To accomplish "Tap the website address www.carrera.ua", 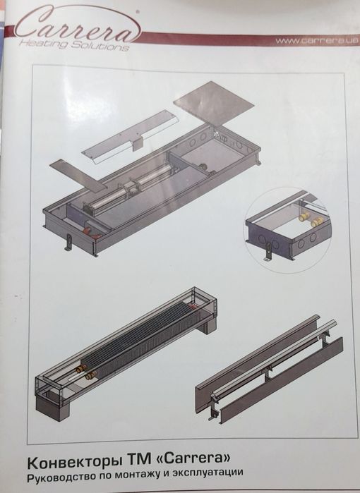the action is click(x=317, y=40).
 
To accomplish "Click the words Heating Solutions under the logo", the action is click(x=74, y=44).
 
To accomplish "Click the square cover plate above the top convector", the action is click(x=214, y=102).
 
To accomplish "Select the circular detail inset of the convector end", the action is click(x=287, y=230).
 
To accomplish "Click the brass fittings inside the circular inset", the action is click(x=308, y=219).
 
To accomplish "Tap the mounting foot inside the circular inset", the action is click(x=268, y=252).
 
